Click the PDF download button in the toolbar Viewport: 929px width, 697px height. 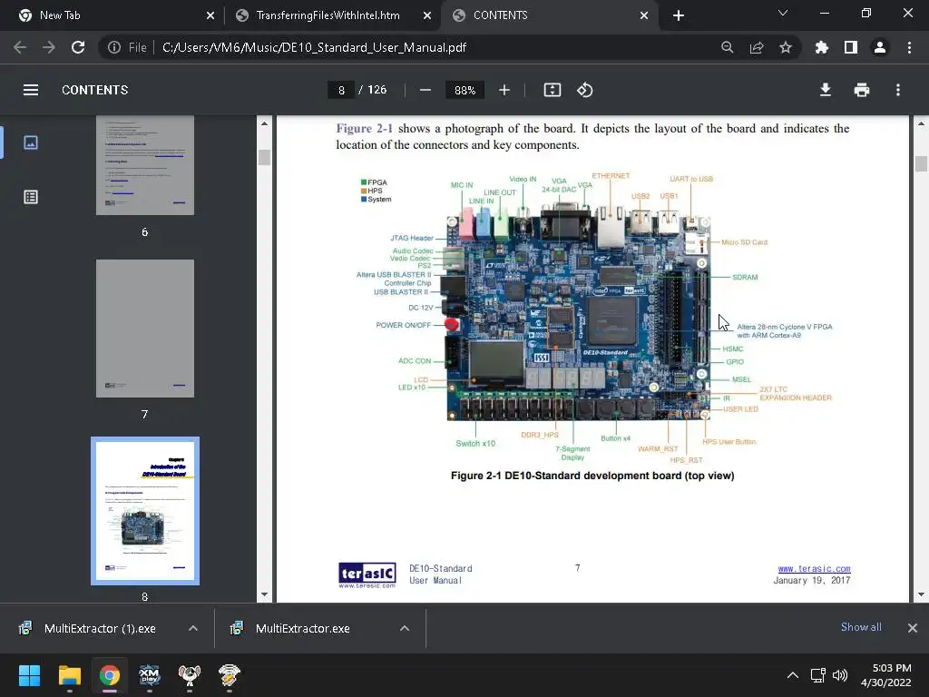[826, 90]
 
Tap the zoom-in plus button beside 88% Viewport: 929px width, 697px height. [504, 90]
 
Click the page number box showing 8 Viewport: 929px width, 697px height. [341, 90]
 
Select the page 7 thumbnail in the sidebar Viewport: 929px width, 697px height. [145, 329]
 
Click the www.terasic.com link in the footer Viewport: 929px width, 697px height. [814, 569]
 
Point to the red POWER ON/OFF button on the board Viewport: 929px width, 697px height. [451, 325]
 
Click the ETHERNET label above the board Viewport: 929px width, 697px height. [611, 176]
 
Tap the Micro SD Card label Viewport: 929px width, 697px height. [744, 242]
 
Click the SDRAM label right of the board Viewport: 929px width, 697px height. [745, 277]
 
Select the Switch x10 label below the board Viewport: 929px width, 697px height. [475, 444]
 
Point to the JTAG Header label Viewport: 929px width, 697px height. [412, 239]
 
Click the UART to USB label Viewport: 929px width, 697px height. [691, 179]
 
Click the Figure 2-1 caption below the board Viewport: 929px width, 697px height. [592, 476]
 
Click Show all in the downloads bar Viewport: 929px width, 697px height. [861, 627]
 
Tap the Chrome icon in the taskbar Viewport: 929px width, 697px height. [110, 675]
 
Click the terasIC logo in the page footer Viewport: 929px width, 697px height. [367, 574]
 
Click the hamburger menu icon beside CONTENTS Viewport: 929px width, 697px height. [31, 90]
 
